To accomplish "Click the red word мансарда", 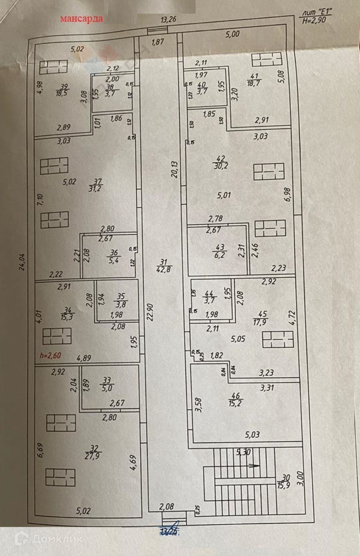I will point(81,19).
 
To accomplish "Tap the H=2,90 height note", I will point(314,21).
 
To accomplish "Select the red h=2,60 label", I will point(50,355).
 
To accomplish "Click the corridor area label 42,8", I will point(163,269).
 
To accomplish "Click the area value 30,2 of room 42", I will point(221,166).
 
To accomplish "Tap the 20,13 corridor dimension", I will point(175,169).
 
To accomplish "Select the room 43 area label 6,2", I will point(220,255).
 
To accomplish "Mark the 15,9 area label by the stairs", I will point(283,485).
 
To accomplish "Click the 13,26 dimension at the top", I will point(168,20).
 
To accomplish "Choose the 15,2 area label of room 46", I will point(235,403).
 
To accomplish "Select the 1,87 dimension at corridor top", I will point(157,42).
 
